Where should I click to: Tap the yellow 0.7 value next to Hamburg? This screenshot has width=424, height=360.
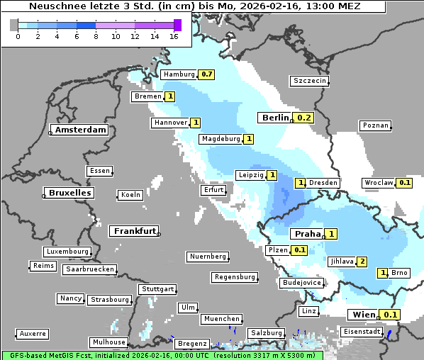(x=206, y=74)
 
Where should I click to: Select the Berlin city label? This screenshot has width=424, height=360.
(x=275, y=118)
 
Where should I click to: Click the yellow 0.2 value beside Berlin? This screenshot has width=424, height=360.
(x=304, y=118)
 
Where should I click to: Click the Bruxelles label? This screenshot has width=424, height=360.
(x=69, y=193)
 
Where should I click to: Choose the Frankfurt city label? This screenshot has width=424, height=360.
(x=135, y=231)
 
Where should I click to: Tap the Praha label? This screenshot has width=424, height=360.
(x=308, y=234)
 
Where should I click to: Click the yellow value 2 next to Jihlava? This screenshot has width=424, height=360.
(x=362, y=261)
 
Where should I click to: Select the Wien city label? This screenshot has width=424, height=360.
(x=362, y=315)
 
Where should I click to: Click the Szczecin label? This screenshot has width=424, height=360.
(x=310, y=81)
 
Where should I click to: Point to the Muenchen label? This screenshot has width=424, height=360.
(x=222, y=320)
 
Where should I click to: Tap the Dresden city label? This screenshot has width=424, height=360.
(x=323, y=183)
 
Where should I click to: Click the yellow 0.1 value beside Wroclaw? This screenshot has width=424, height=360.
(x=405, y=183)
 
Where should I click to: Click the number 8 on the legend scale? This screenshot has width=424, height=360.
(x=96, y=35)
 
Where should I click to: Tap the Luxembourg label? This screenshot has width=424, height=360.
(x=67, y=252)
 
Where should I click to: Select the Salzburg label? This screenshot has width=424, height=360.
(x=266, y=333)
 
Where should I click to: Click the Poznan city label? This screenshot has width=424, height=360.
(x=375, y=125)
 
